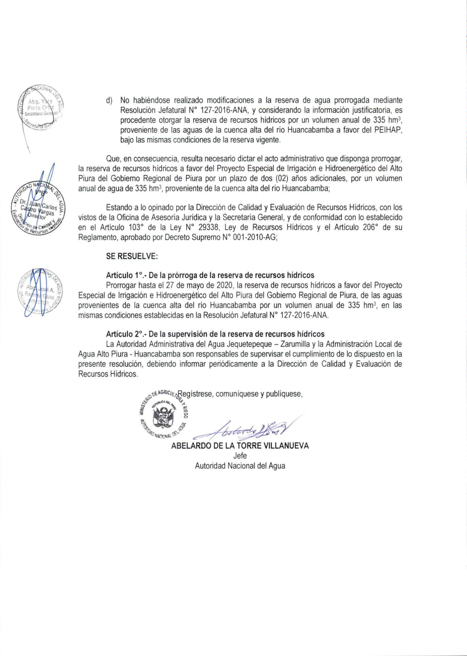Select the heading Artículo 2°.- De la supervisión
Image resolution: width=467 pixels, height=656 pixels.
[215, 334]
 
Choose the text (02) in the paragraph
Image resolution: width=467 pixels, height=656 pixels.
[281, 178]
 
